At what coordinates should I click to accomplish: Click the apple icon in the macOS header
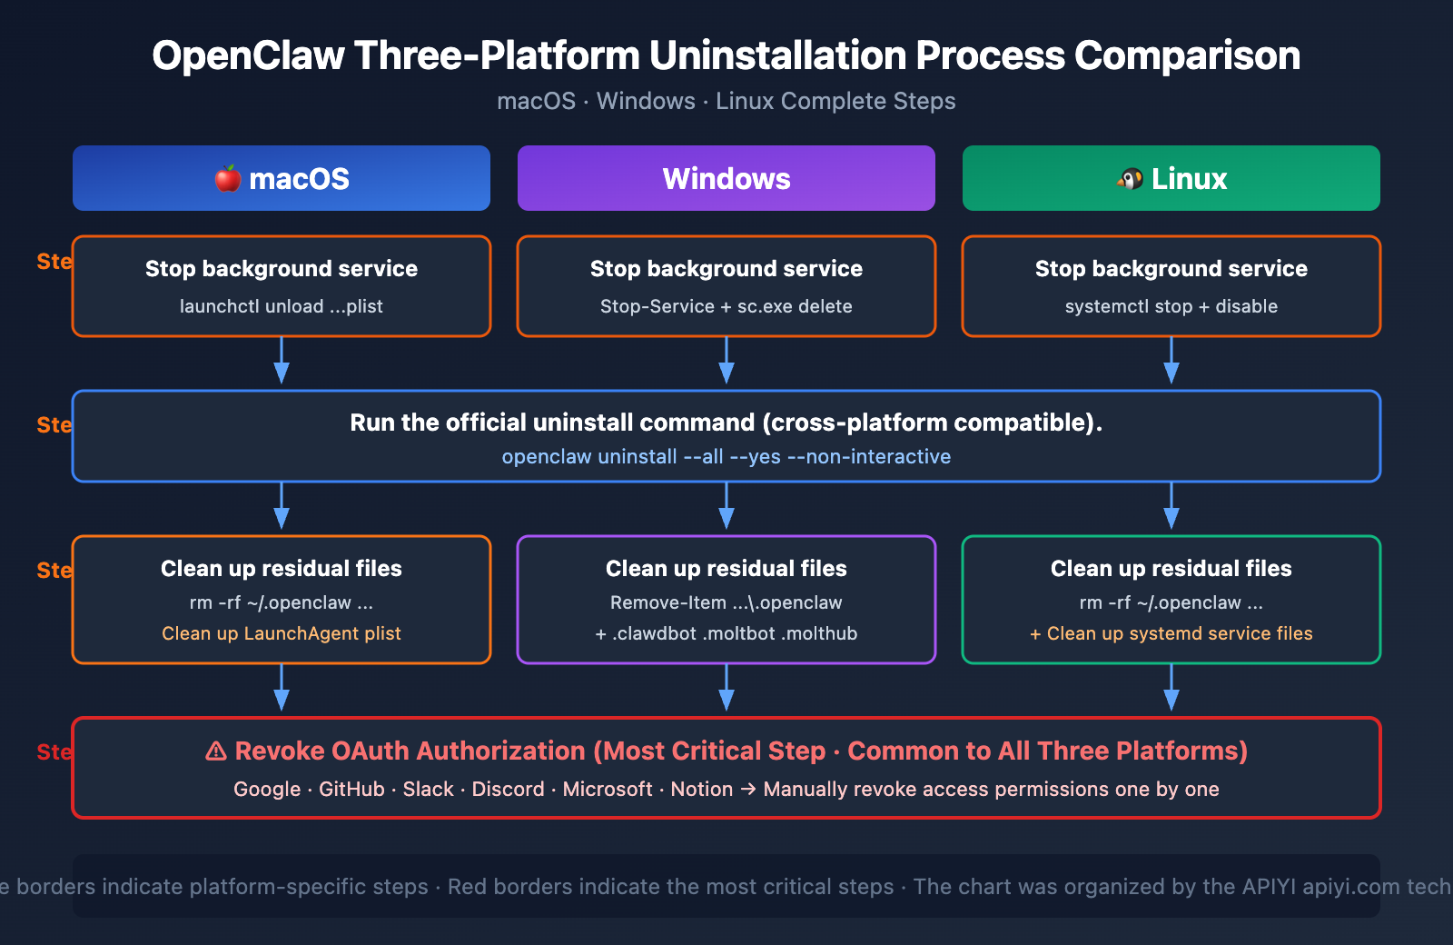228,178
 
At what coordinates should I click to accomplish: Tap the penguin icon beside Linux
1131,178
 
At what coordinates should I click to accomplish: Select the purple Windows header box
726,178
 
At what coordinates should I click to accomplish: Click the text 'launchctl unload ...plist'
281,306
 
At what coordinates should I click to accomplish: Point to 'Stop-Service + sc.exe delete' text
726,306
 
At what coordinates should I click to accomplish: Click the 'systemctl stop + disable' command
1171,306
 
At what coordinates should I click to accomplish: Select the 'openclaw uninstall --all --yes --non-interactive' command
726,456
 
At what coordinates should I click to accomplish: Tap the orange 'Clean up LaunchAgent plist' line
281,633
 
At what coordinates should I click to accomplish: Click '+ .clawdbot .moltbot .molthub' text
726,633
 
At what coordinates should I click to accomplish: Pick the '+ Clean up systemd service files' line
1171,633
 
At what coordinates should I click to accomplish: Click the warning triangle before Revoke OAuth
216,751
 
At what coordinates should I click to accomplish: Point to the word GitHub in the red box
351,789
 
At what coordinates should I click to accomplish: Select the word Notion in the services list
701,789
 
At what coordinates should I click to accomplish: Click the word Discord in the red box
508,789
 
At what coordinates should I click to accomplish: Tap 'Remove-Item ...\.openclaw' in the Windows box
726,602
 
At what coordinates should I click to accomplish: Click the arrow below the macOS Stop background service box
282,362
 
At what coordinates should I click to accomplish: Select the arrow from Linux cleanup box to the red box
1171,689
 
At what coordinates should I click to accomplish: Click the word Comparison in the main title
1187,55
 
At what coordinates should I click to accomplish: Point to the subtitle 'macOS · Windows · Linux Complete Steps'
726,101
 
